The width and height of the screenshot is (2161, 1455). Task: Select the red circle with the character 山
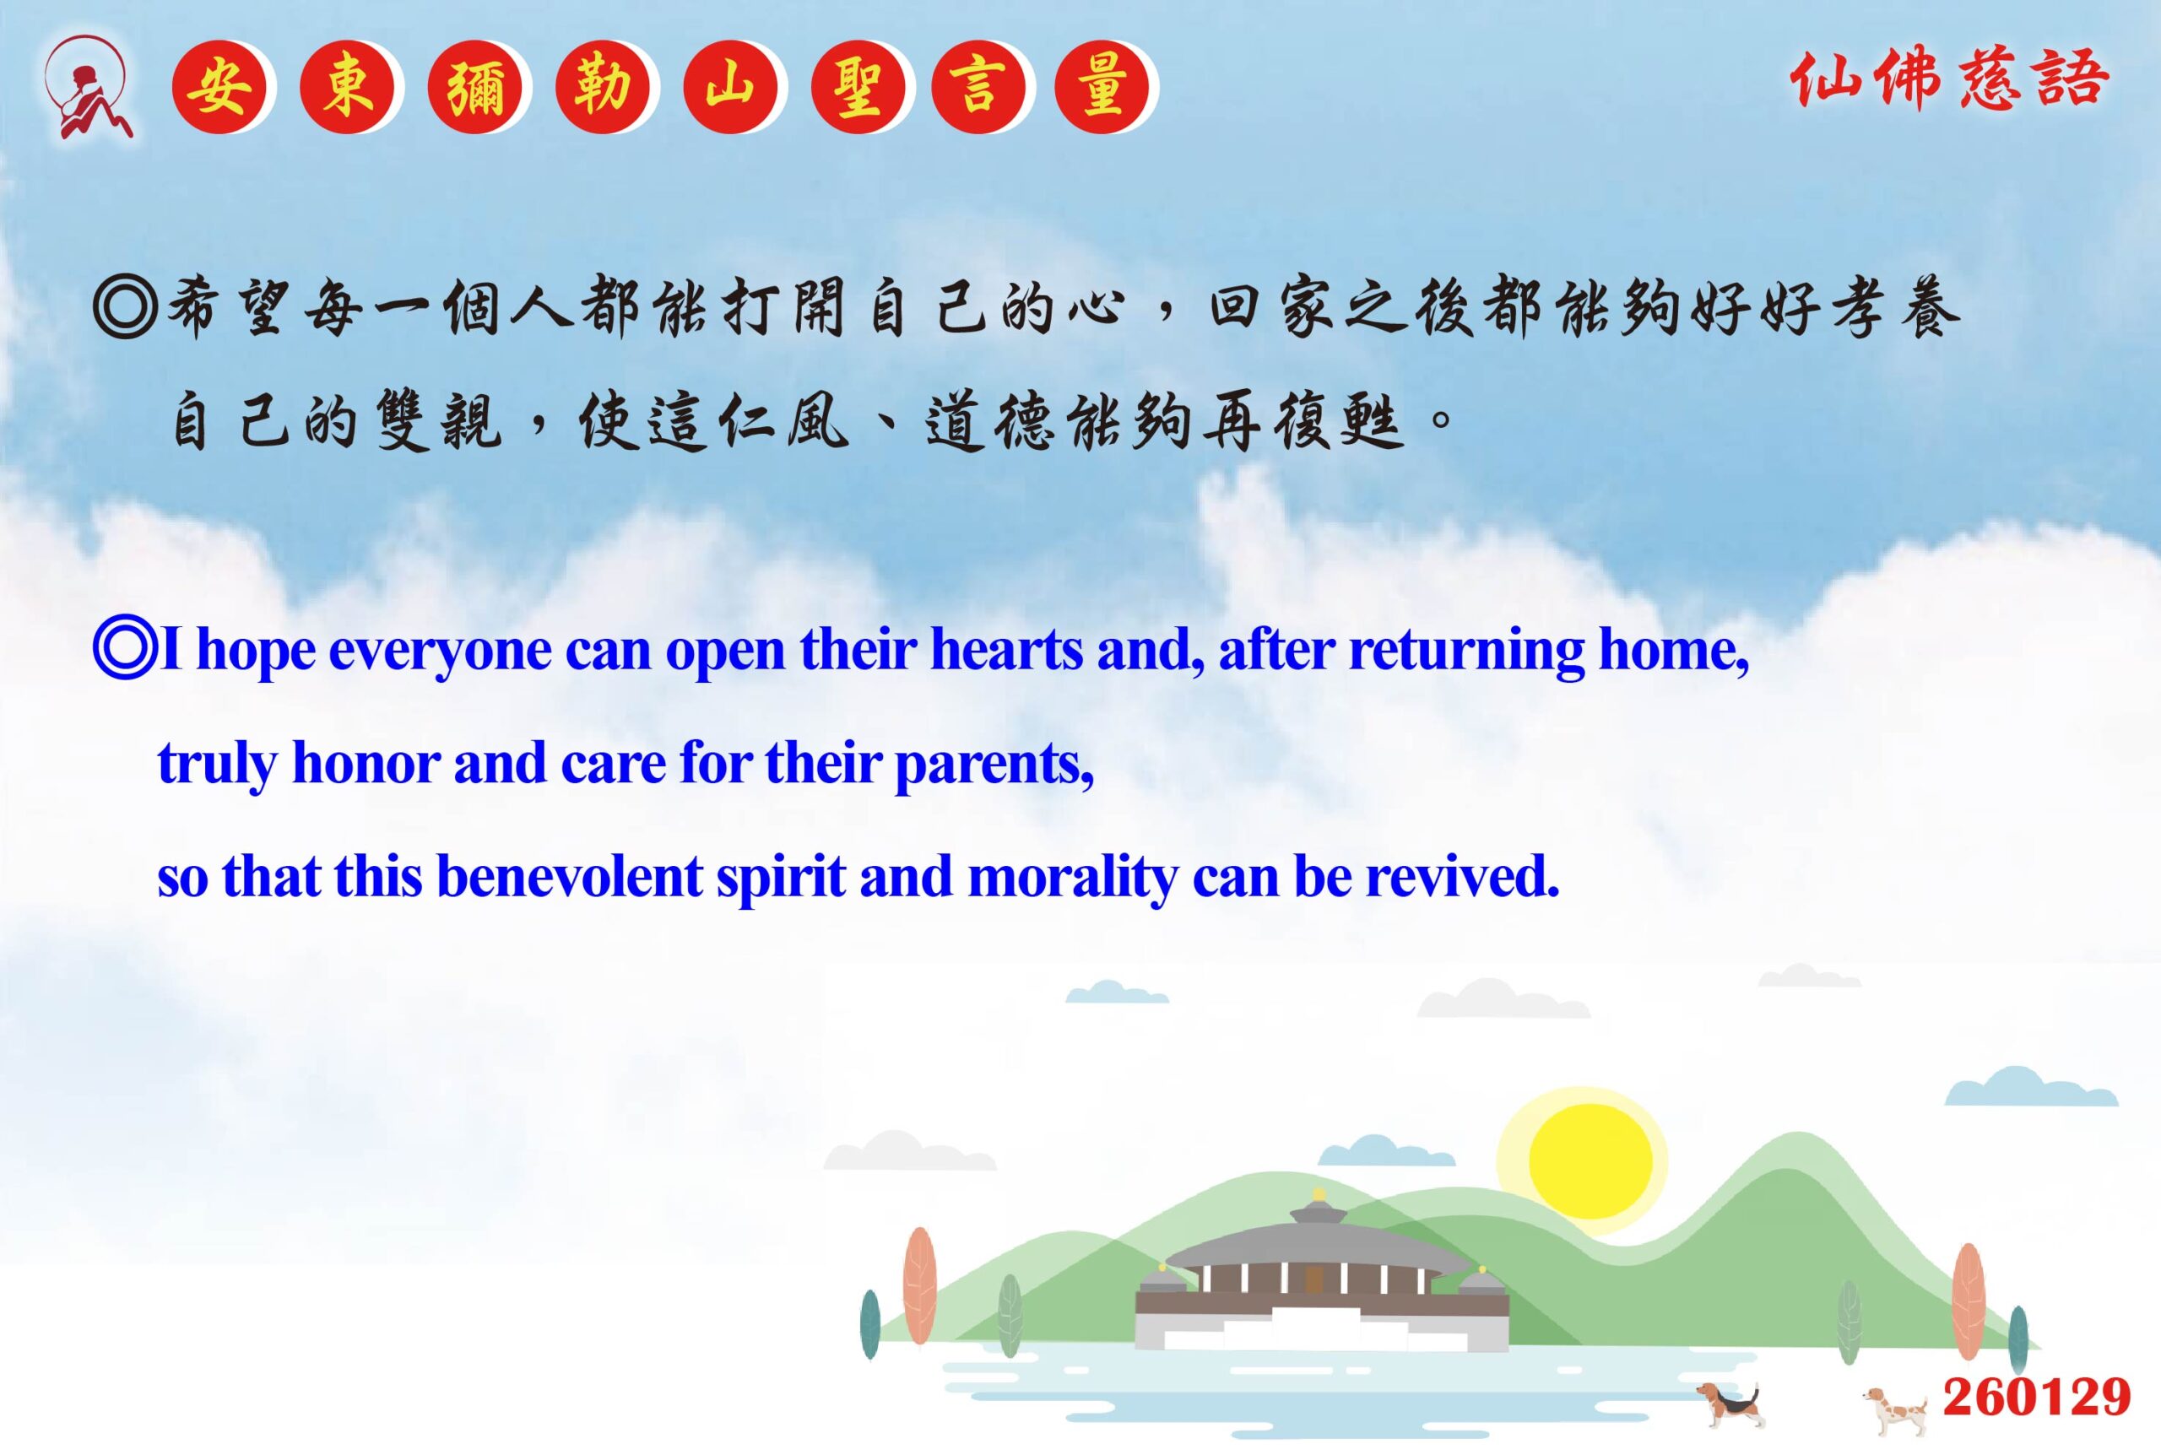coord(730,88)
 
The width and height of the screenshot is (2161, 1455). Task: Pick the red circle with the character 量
coord(1102,88)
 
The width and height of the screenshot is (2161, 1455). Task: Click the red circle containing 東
coord(347,88)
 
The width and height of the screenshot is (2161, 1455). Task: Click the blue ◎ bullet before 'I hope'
coord(124,649)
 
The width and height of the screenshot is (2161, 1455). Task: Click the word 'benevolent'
coord(569,876)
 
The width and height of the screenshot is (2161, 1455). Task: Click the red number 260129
coord(2038,1398)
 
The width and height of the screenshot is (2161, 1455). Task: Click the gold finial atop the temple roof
coord(1319,1195)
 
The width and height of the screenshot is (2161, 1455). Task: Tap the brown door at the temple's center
coord(1313,1280)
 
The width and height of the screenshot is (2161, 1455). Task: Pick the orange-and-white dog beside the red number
coord(1897,1412)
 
